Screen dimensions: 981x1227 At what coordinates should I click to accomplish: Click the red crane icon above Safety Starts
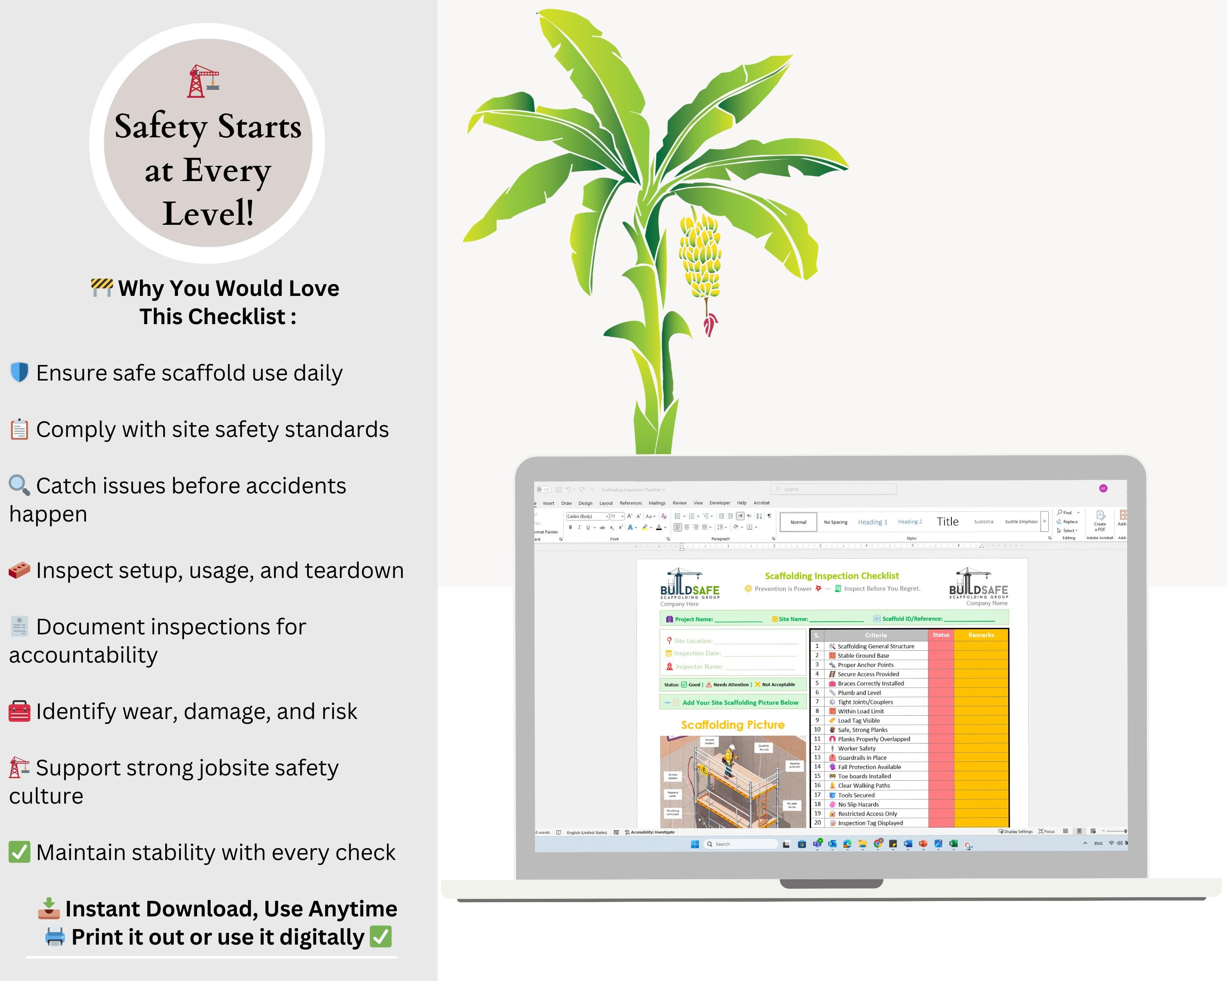point(203,81)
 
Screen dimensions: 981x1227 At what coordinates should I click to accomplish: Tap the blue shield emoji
point(19,372)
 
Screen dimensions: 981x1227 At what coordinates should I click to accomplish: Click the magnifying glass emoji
point(19,485)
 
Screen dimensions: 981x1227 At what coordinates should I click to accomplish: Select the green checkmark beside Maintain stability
point(19,852)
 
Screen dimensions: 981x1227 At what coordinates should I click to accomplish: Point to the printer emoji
point(55,936)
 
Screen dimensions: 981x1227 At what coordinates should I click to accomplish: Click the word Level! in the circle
point(208,213)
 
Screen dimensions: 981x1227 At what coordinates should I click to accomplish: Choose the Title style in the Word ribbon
point(948,522)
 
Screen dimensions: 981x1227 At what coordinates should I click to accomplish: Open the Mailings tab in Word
point(657,503)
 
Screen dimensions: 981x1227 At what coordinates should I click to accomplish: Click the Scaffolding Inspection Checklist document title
point(831,576)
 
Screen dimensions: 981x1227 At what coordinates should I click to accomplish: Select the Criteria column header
point(875,635)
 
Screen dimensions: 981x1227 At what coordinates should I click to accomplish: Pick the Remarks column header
point(980,635)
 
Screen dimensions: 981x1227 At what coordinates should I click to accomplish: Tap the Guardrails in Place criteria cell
point(862,757)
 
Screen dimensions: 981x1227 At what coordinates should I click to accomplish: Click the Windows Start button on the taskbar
point(695,844)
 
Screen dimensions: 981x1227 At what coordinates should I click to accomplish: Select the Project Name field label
point(693,619)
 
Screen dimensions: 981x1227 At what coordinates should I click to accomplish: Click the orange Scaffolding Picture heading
point(733,725)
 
